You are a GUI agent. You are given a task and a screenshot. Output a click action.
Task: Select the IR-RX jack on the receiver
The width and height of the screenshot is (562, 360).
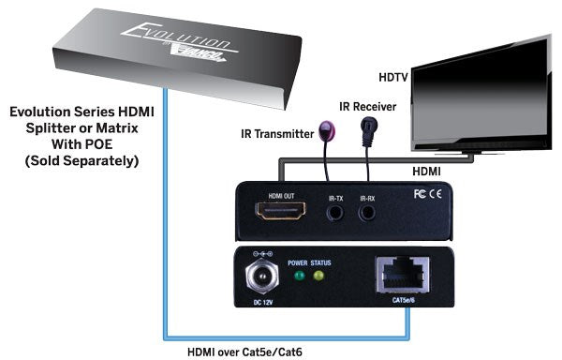click(368, 212)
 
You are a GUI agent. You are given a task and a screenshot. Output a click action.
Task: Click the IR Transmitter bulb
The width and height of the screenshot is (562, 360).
click(326, 130)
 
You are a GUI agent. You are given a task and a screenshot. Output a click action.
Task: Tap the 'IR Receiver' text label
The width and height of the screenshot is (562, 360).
click(370, 106)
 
